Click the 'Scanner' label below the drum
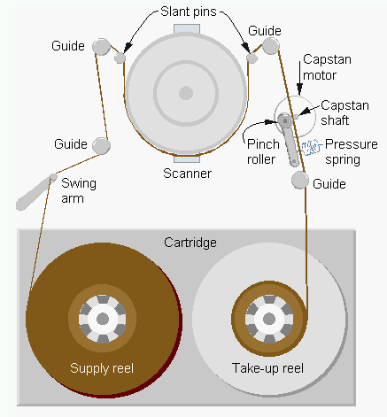(187, 174)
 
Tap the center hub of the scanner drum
(186, 93)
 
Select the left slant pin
(120, 58)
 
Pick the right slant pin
(252, 58)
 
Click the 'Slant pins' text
(189, 12)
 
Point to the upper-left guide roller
(101, 47)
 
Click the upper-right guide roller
(271, 46)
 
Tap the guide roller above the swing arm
(101, 146)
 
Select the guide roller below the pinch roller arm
(300, 180)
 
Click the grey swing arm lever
(35, 192)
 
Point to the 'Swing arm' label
(79, 190)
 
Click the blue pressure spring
(309, 147)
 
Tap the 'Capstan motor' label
(327, 67)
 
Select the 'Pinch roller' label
(263, 151)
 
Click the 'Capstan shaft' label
(344, 112)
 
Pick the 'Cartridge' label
(190, 243)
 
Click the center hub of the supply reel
(103, 319)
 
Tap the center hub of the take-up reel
(269, 319)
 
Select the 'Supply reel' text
(102, 368)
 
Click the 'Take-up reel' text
(267, 368)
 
